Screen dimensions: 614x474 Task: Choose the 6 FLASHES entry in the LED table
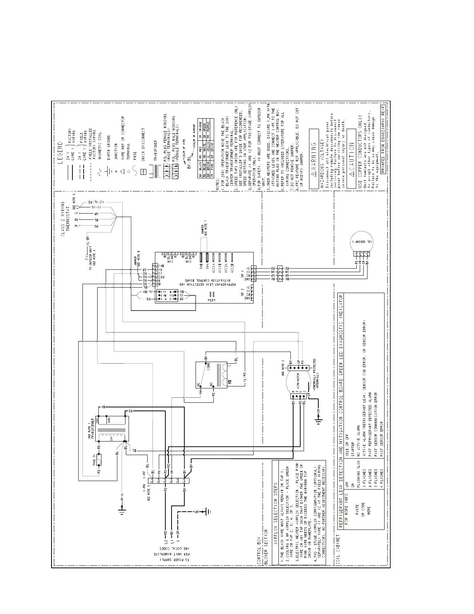(381, 475)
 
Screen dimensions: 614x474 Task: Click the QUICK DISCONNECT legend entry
(143, 141)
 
